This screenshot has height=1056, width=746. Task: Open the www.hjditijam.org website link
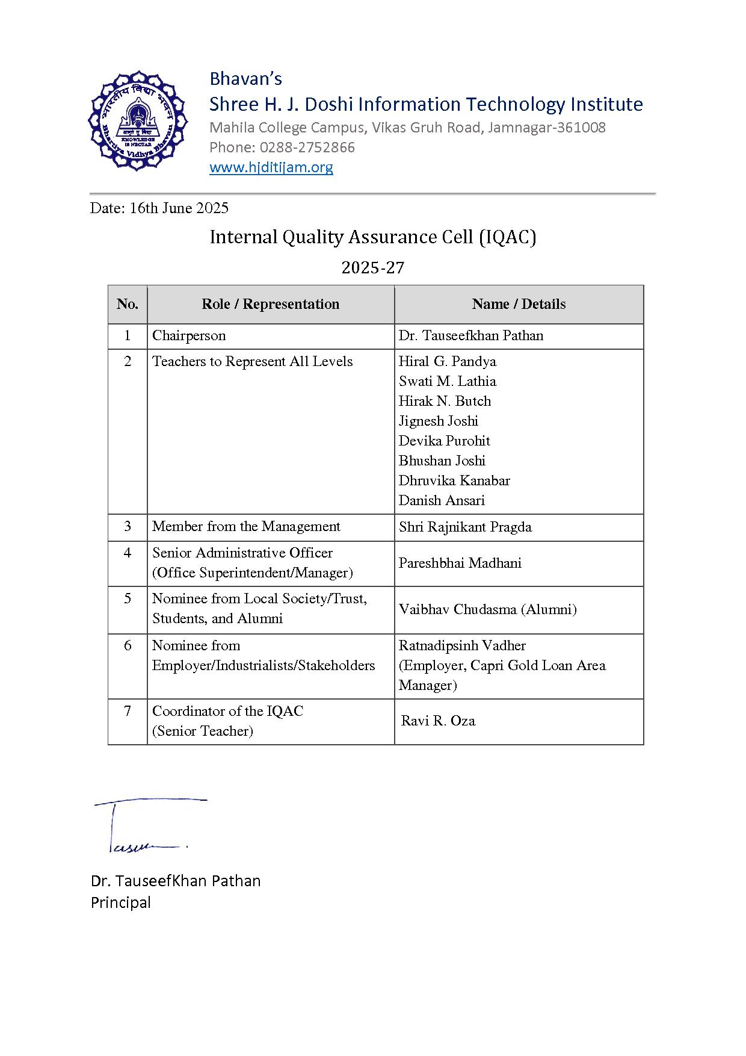271,167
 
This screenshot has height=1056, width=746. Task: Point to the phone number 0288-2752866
307,148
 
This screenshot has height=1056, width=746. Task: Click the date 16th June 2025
179,208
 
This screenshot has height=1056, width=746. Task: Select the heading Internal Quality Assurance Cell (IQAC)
372,237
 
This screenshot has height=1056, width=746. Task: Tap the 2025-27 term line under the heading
372,267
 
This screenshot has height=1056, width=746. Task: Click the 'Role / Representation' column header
270,304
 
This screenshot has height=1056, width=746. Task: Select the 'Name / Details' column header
519,304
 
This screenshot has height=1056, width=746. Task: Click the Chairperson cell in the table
189,336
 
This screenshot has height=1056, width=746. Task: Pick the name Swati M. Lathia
447,382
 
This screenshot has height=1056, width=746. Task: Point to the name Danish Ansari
442,501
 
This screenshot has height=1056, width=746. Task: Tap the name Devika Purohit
444,441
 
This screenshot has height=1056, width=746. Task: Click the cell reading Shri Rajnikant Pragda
465,527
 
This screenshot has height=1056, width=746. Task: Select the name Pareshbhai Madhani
460,564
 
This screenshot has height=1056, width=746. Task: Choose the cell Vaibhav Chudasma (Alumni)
487,610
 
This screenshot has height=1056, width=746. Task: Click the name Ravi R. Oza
438,721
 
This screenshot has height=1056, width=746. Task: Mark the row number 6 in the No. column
128,646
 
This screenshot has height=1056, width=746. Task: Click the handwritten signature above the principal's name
144,825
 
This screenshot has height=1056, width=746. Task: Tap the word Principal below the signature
121,902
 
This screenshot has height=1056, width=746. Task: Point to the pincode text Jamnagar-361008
546,128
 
